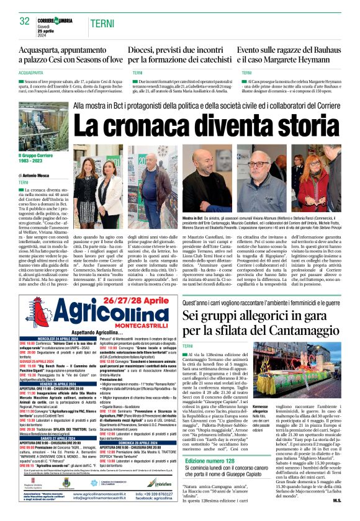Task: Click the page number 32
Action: (x=25, y=22)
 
